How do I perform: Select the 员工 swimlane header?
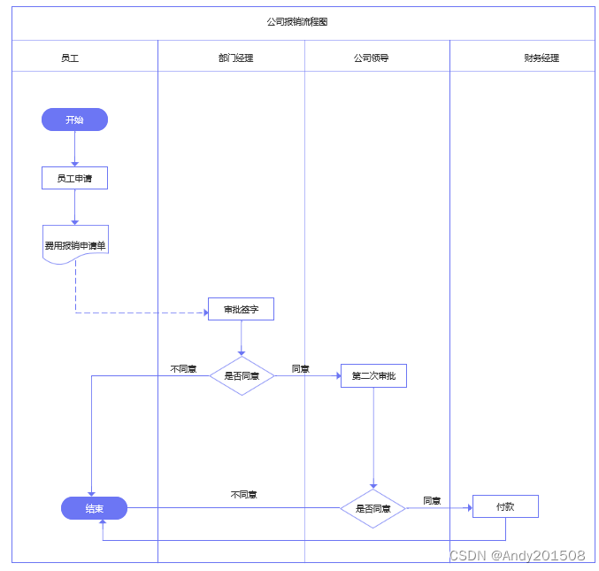point(70,58)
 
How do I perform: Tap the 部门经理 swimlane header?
point(235,58)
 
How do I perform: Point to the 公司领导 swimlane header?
point(371,58)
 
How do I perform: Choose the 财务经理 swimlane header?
point(541,58)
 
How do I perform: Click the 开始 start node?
point(74,120)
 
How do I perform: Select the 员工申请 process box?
point(74,178)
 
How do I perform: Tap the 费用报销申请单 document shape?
point(75,243)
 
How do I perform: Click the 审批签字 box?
point(241,309)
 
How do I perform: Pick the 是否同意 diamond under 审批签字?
point(242,375)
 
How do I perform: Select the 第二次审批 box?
point(373,375)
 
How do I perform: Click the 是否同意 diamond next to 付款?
point(372,508)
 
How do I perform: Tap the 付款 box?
point(504,506)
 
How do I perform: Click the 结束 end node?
point(94,508)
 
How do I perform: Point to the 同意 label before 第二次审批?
point(301,368)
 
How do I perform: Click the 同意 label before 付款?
point(432,500)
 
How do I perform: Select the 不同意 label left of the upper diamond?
point(183,368)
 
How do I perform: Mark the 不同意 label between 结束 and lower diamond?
point(243,495)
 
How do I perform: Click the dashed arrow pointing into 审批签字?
point(142,313)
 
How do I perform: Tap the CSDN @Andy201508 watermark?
point(517,556)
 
